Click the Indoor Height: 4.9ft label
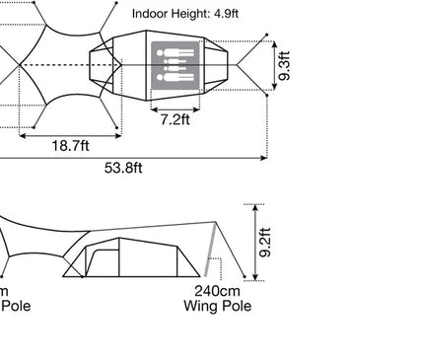[x=185, y=14]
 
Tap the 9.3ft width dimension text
[x=285, y=65]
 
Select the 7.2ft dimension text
[x=176, y=119]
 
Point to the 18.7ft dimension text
[x=70, y=145]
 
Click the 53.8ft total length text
[x=123, y=168]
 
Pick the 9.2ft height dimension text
[x=265, y=243]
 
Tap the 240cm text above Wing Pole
[x=217, y=291]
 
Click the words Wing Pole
[x=217, y=306]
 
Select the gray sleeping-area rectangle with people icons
[x=176, y=65]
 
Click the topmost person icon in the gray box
[x=176, y=52]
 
